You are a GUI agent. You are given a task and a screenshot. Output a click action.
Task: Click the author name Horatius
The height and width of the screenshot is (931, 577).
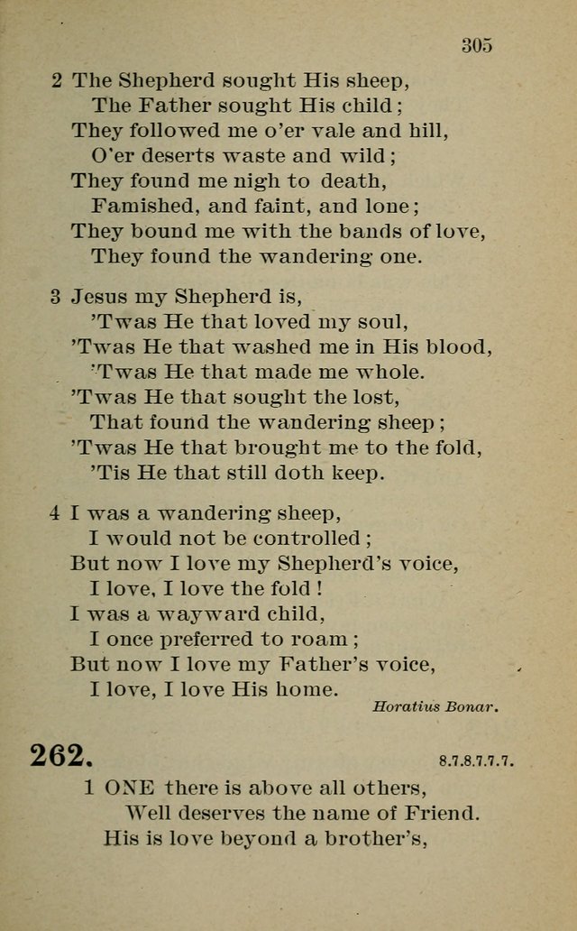click(406, 706)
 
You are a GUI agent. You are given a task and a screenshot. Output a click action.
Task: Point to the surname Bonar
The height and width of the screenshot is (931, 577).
click(472, 706)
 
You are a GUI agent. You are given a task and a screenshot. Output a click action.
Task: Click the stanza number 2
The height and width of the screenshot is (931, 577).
click(57, 79)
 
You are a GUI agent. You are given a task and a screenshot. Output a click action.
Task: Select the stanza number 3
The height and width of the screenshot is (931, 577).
click(57, 296)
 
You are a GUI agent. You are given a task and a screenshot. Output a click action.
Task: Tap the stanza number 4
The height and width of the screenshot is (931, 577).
click(56, 513)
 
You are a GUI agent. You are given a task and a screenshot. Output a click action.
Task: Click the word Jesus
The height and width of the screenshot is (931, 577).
click(101, 296)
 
